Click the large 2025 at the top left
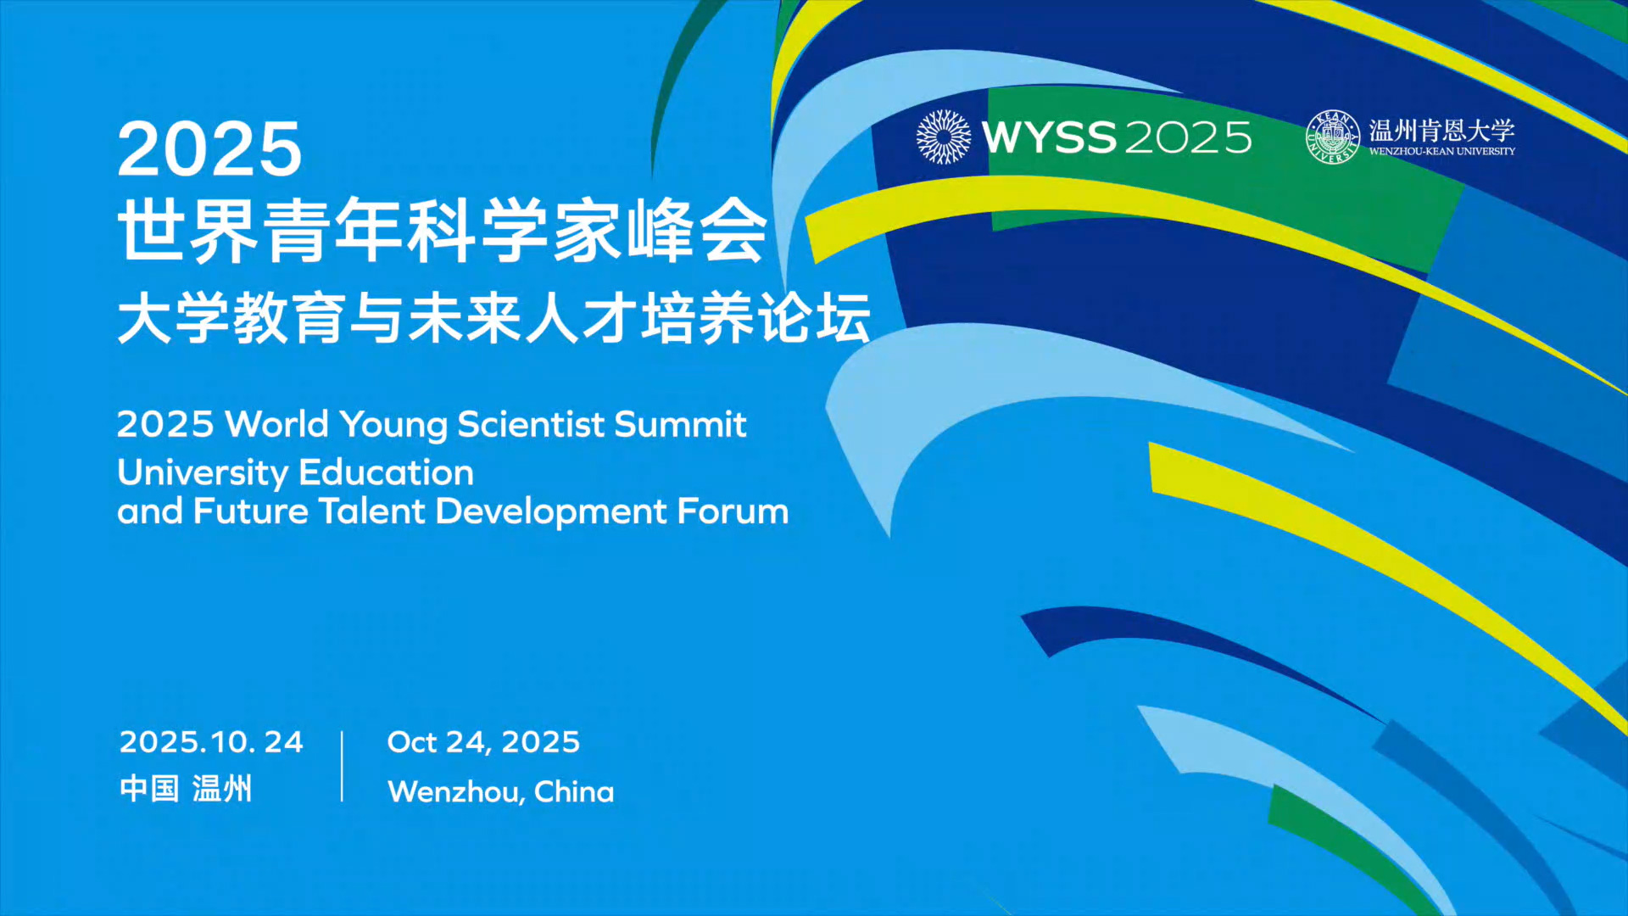click(209, 149)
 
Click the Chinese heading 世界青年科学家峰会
click(443, 231)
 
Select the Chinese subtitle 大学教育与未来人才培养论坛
click(494, 319)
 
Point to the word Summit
click(680, 424)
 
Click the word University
click(203, 473)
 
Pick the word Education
click(387, 472)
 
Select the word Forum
click(733, 511)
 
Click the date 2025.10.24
click(211, 742)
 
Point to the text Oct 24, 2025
click(483, 742)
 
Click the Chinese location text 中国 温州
click(186, 789)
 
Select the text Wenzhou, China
click(501, 791)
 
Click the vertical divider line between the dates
click(342, 766)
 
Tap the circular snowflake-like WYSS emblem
click(944, 137)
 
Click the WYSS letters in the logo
click(1050, 137)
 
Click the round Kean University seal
click(1333, 137)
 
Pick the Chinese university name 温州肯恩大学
click(1441, 131)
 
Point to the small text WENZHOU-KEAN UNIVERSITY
click(1441, 151)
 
